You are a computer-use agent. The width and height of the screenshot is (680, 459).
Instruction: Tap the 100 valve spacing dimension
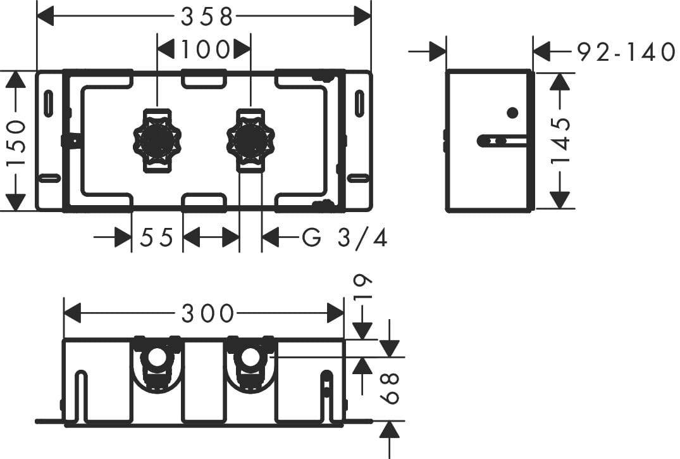point(203,49)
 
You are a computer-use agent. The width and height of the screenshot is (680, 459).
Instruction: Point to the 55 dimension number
point(157,238)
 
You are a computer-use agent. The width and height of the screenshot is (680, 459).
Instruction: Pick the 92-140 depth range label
point(626,51)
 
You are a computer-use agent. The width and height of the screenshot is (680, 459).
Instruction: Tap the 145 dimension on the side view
point(561,141)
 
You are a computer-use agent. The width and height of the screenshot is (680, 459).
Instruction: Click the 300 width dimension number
point(208,313)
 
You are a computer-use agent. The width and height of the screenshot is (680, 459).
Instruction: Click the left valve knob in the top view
point(156,141)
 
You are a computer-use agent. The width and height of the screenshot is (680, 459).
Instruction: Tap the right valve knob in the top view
point(250,141)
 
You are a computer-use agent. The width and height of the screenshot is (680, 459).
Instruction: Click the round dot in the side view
point(513,113)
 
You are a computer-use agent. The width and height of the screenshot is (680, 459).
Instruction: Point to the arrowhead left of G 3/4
point(271,238)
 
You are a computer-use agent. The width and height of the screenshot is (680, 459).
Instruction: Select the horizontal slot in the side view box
point(501,139)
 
